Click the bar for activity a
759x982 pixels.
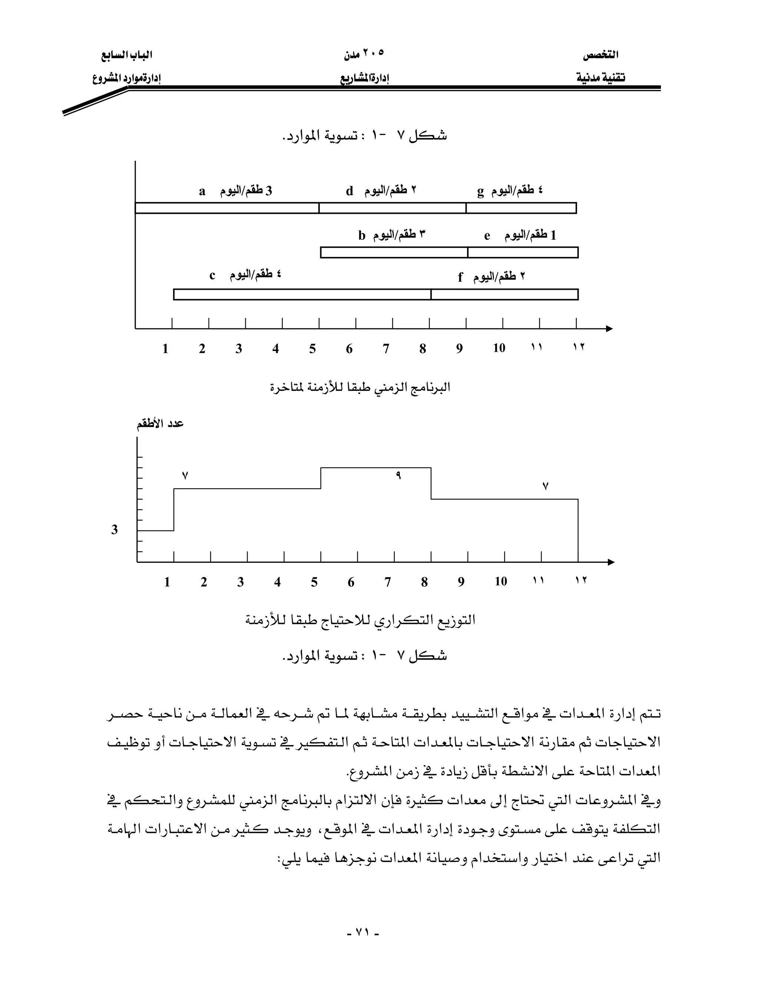tap(227, 208)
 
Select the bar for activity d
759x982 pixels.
tap(392, 208)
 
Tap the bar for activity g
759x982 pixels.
tap(521, 208)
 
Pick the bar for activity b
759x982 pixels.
tap(394, 252)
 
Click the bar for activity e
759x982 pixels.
tap(523, 252)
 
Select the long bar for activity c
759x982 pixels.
tap(302, 295)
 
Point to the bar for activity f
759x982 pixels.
tap(504, 295)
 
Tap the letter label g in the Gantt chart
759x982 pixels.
tap(480, 192)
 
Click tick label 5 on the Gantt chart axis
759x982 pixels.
tap(312, 349)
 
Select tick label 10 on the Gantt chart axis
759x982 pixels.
tap(499, 348)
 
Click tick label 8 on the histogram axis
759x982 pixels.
tap(424, 582)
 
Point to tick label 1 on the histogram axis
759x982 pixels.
tap(167, 582)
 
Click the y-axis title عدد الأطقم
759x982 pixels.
tap(160, 424)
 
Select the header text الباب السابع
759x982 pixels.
tap(126, 55)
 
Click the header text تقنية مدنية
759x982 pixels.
tap(601, 78)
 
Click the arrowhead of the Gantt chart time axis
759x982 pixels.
tap(609, 329)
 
